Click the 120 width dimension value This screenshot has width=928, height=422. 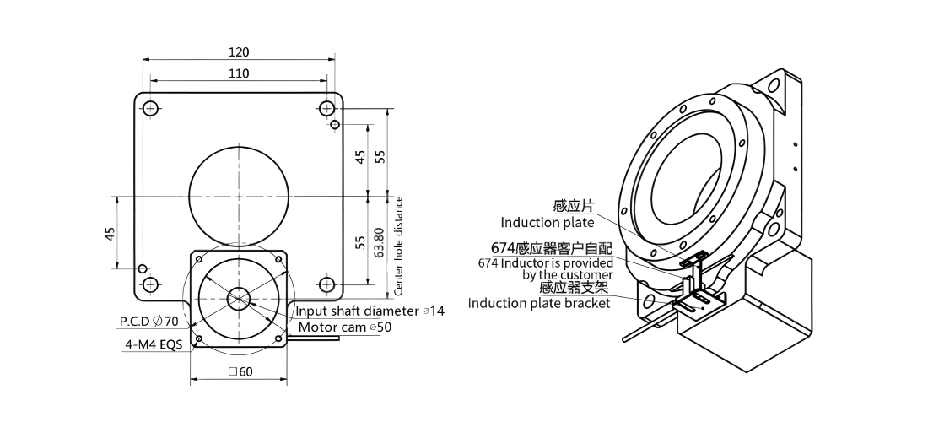coord(239,52)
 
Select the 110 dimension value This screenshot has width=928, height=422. coord(239,73)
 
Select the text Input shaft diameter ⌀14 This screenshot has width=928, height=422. coord(370,311)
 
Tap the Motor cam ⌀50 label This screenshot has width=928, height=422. coord(344,327)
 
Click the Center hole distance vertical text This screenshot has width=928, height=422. coord(399,246)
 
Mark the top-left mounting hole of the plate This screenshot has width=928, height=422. coord(150,108)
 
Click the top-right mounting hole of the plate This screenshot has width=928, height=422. coord(326,108)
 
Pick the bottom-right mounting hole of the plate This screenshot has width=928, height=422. coord(326,284)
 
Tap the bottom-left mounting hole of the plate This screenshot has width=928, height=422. coord(150,284)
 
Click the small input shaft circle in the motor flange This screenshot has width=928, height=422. coord(239,298)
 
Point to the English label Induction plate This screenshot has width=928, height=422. coord(547,223)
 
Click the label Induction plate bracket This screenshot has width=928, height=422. coord(538,303)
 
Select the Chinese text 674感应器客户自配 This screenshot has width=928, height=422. coord(552,247)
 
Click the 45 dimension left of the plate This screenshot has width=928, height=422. coord(110,233)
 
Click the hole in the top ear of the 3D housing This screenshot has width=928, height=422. coord(774,86)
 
